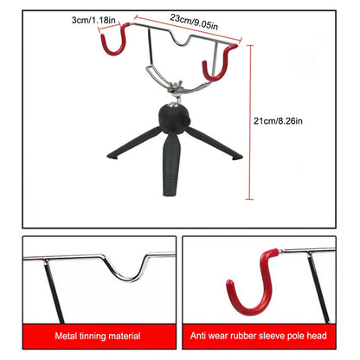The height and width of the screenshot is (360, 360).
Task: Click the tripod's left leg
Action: pyautogui.click(x=130, y=146)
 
